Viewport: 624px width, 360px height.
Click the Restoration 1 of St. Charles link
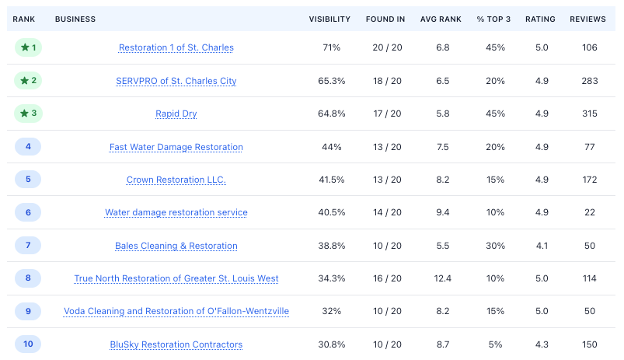176,47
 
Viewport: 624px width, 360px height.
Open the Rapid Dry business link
176,114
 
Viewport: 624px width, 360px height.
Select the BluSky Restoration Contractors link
176,344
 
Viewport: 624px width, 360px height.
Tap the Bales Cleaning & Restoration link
176,246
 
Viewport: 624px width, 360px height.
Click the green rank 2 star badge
28,80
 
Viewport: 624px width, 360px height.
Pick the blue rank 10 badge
28,344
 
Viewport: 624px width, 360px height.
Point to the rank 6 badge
28,212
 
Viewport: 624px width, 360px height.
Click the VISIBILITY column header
329,19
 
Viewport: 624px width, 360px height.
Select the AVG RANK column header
441,19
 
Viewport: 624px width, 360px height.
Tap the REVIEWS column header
587,19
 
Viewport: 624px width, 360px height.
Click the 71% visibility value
332,47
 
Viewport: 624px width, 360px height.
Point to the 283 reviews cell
589,81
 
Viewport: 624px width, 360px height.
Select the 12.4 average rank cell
442,278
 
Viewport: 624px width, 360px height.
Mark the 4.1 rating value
542,246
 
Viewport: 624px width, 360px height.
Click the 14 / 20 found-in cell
387,212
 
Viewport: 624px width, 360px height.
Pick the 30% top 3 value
496,246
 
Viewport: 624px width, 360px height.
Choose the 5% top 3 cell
496,344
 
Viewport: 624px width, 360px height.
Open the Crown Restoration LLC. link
176,180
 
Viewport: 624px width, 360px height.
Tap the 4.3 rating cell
542,344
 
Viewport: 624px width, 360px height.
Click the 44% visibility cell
332,147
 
